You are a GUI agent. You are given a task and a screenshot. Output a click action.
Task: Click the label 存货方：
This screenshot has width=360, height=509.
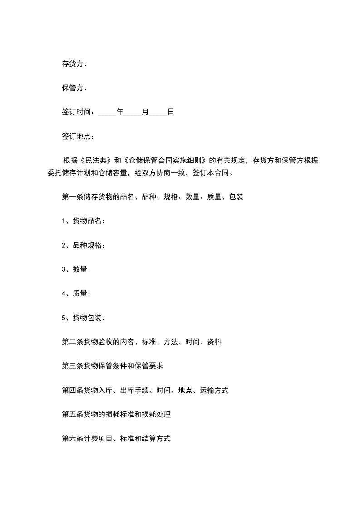tap(74, 64)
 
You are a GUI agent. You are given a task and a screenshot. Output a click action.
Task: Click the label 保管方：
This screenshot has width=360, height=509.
tap(74, 88)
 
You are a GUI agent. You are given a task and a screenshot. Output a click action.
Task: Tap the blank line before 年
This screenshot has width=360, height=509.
tap(107, 112)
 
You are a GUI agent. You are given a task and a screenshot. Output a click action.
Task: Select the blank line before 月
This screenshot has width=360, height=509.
tap(133, 112)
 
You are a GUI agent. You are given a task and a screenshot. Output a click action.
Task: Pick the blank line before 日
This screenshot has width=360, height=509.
tap(158, 112)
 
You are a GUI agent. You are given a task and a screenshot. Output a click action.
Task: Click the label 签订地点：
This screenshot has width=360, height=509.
tap(78, 136)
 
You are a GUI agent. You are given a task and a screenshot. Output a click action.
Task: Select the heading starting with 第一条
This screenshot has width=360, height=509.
tap(152, 197)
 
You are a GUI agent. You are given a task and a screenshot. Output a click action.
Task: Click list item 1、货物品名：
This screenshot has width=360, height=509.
tap(84, 221)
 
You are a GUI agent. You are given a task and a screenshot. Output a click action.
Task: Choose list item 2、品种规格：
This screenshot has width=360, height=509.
tap(84, 245)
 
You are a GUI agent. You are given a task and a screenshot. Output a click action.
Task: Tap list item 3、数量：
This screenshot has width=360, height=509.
tap(76, 269)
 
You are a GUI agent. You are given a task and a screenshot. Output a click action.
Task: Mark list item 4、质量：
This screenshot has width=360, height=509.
tap(76, 294)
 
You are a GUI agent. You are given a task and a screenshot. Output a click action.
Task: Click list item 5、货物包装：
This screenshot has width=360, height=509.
tap(84, 318)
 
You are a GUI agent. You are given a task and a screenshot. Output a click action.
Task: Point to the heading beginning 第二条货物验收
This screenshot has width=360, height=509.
tap(141, 342)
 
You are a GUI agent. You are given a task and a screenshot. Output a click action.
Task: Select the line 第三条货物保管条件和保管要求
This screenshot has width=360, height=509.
tap(112, 367)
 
